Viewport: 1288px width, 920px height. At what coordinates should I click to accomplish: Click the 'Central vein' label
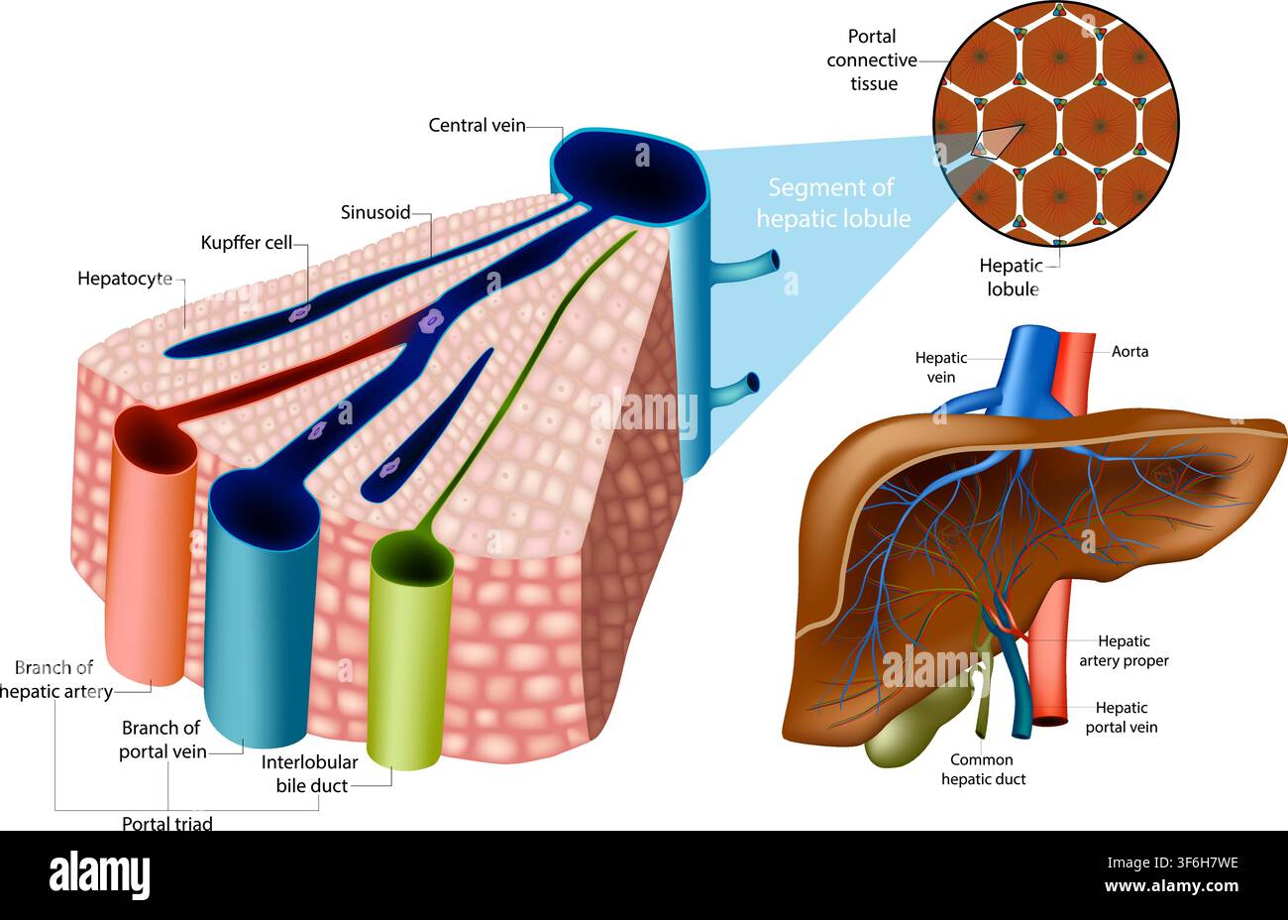[477, 126]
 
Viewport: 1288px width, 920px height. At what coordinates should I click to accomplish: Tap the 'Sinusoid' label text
[376, 212]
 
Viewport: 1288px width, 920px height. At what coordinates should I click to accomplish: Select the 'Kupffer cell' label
[246, 243]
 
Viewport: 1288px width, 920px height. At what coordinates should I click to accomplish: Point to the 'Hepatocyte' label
[125, 279]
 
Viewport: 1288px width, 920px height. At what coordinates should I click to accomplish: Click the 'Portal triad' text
[167, 823]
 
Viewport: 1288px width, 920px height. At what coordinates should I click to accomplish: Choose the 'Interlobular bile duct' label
[310, 774]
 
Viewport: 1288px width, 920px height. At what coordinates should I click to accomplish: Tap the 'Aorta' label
[1129, 351]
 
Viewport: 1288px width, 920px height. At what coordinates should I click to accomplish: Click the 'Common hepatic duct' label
[983, 769]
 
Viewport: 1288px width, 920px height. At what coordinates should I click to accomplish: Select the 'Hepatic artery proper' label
[1124, 650]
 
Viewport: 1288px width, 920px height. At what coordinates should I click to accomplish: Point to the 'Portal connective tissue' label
[872, 59]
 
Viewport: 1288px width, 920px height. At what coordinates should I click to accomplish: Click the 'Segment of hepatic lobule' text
[833, 203]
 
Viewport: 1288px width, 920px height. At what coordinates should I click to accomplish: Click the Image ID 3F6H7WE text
[1172, 862]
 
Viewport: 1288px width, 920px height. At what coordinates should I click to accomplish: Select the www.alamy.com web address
[1171, 886]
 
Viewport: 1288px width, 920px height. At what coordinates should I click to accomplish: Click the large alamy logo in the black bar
[99, 874]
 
